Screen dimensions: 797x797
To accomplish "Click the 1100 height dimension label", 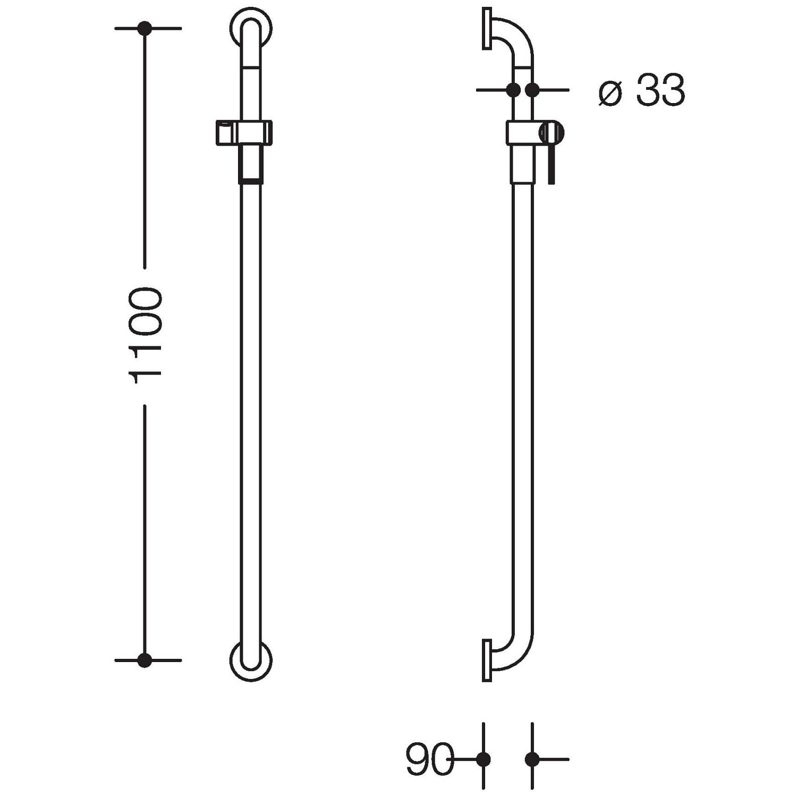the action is point(145,335).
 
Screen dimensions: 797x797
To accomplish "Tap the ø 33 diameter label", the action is point(642,91).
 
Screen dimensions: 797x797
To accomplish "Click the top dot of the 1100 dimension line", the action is point(145,28).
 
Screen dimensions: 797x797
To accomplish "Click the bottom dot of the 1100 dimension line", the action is point(145,660).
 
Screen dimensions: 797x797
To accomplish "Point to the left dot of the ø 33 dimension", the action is point(513,90).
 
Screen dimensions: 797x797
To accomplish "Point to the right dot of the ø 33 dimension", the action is point(532,90).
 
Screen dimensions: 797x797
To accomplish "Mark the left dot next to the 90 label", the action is point(484,760).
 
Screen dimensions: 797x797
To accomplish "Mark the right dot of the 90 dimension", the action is point(532,760).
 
